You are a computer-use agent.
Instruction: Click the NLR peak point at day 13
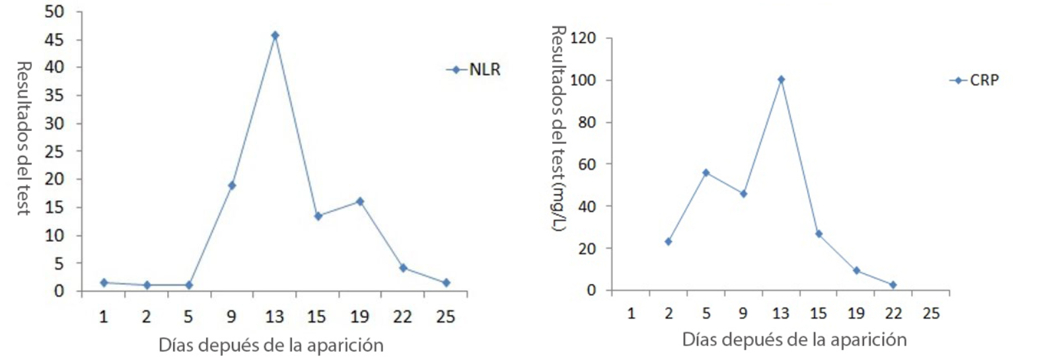[275, 35]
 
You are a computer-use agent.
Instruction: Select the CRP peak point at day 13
[781, 79]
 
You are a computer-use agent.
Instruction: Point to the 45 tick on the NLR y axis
[55, 40]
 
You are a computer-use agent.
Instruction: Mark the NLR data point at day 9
[232, 186]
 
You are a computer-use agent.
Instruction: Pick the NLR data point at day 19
[360, 201]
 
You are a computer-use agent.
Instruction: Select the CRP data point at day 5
[706, 172]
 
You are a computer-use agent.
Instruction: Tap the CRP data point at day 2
[668, 242]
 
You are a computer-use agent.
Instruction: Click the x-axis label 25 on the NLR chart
[446, 317]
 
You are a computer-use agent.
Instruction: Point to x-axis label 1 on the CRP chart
[631, 313]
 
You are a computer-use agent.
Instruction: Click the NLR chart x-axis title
[271, 345]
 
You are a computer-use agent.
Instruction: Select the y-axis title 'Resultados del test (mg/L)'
[559, 129]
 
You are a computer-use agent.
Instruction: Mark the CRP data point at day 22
[893, 285]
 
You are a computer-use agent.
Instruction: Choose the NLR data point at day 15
[318, 216]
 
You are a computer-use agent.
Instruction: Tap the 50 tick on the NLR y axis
[55, 12]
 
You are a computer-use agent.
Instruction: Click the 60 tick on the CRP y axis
[586, 164]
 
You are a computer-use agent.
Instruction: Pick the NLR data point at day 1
[104, 282]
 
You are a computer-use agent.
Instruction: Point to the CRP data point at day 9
[743, 194]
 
